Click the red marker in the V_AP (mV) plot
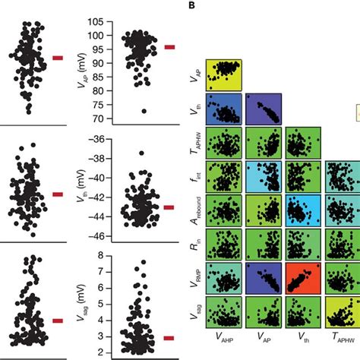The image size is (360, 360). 169,47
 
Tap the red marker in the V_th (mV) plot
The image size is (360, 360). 169,207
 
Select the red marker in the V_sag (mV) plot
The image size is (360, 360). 169,337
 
